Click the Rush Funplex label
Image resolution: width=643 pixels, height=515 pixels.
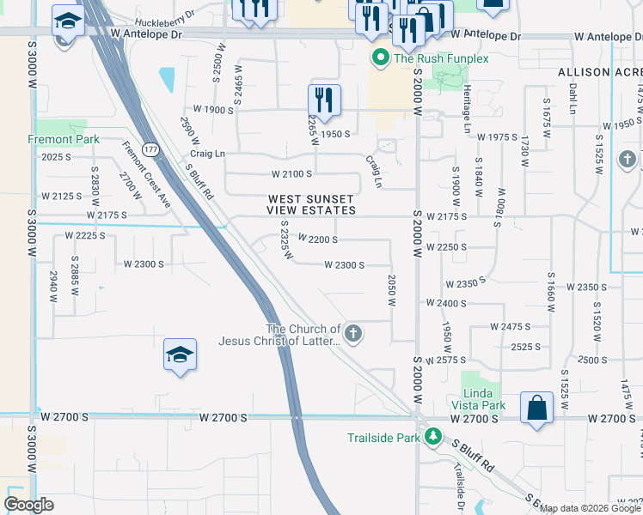(440, 58)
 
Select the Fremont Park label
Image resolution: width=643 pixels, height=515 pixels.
(64, 139)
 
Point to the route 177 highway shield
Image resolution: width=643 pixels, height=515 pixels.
(150, 149)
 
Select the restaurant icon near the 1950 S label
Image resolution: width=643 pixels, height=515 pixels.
(324, 100)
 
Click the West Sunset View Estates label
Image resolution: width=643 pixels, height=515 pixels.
(310, 204)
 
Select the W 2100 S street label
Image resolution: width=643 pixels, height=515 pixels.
(291, 174)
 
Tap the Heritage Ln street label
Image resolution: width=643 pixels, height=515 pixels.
(467, 114)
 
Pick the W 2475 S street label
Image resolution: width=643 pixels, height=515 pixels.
(510, 326)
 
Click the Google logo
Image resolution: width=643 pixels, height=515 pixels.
(29, 504)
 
